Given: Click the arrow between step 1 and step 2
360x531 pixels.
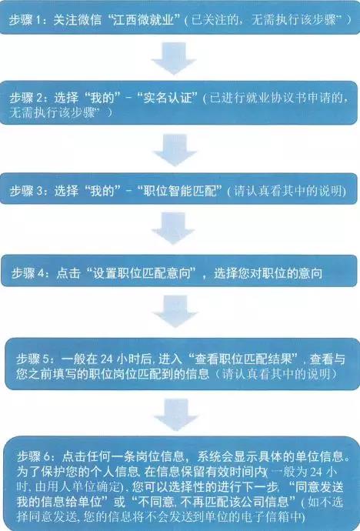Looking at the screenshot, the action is [174, 58].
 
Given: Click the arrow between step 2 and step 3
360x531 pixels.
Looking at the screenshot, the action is [175, 150].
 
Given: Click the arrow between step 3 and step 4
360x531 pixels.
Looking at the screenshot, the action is [173, 228].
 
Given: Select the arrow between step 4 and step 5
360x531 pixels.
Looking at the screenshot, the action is [175, 311].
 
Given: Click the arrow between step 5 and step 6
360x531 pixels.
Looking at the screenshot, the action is [176, 415].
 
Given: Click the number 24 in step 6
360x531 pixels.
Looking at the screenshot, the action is [317, 472].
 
